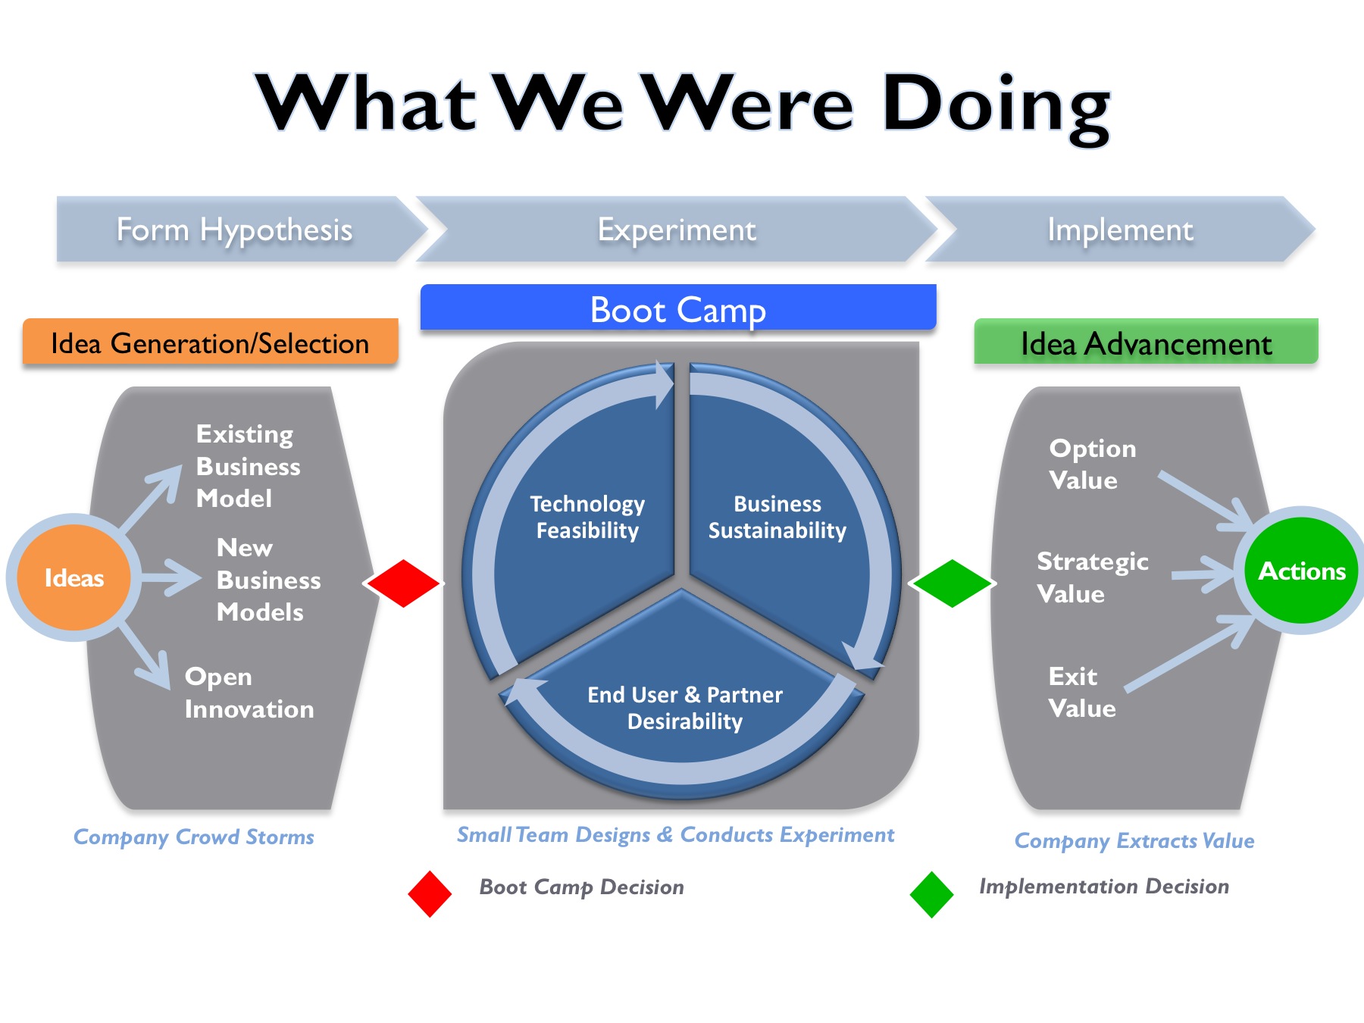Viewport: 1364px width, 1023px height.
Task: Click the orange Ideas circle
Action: [x=74, y=577]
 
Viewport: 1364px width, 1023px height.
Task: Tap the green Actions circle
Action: [x=1301, y=571]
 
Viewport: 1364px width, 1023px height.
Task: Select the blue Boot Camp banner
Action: [x=678, y=308]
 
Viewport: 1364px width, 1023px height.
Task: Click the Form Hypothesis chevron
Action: [x=235, y=230]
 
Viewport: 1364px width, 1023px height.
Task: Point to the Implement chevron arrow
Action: [x=1119, y=230]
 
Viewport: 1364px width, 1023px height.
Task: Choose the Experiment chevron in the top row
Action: [x=676, y=230]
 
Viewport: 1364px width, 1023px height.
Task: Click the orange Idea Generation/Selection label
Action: [x=210, y=343]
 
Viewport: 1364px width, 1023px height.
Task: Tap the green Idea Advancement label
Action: [x=1145, y=343]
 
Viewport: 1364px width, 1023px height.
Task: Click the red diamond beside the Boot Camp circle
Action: [x=402, y=583]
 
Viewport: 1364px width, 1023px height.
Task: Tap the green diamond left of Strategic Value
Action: [x=952, y=583]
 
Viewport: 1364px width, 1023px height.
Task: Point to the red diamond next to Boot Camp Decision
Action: [x=430, y=894]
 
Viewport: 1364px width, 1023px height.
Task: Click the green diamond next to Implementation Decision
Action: [x=931, y=894]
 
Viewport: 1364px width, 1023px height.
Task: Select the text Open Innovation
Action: [x=249, y=693]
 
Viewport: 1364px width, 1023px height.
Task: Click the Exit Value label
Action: [x=1081, y=692]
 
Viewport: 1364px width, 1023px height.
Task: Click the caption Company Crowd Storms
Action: [x=193, y=837]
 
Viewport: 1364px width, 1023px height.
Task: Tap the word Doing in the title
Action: [x=995, y=106]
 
